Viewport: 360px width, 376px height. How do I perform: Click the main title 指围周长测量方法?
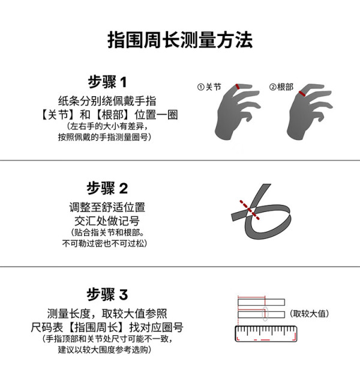click(x=180, y=40)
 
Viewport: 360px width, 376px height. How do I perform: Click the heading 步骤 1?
click(x=107, y=82)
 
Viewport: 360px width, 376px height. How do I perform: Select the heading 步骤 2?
click(x=107, y=188)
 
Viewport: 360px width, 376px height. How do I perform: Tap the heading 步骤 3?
click(x=107, y=294)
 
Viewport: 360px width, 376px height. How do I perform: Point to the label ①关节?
click(x=209, y=87)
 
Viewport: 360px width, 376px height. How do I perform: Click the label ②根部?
click(x=281, y=87)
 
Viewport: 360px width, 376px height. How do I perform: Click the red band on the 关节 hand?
click(x=238, y=86)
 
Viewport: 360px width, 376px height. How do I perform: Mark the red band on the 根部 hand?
click(x=302, y=94)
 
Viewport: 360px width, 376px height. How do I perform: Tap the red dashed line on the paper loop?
click(x=250, y=210)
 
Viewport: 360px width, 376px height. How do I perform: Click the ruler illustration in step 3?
click(x=266, y=333)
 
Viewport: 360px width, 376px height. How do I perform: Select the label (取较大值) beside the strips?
click(x=309, y=314)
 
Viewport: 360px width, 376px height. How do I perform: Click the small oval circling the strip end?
click(x=265, y=314)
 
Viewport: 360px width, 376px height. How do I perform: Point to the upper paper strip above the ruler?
click(x=262, y=302)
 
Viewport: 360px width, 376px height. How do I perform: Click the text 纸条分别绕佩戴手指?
click(x=107, y=101)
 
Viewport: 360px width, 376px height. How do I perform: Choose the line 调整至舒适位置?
click(x=107, y=207)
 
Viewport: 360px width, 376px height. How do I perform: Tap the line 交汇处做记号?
click(x=107, y=221)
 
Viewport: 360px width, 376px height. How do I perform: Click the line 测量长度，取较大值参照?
click(x=107, y=314)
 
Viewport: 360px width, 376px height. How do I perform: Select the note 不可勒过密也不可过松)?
click(x=104, y=243)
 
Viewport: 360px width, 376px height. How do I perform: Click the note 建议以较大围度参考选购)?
click(x=104, y=350)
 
